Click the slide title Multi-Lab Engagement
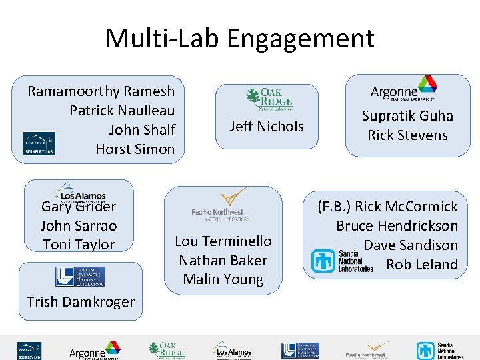click(x=239, y=39)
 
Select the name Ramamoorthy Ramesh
click(x=101, y=91)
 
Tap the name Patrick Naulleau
click(x=122, y=111)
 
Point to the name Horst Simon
click(x=135, y=149)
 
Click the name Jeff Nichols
click(x=266, y=127)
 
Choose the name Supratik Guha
click(x=407, y=116)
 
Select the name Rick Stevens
click(x=407, y=135)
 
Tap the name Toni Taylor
click(x=79, y=245)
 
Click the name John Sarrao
click(x=79, y=225)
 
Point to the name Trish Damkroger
click(x=81, y=302)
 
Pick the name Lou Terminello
click(x=223, y=241)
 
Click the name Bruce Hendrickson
click(x=397, y=226)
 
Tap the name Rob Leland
click(x=422, y=265)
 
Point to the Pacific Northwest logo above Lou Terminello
click(x=221, y=206)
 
